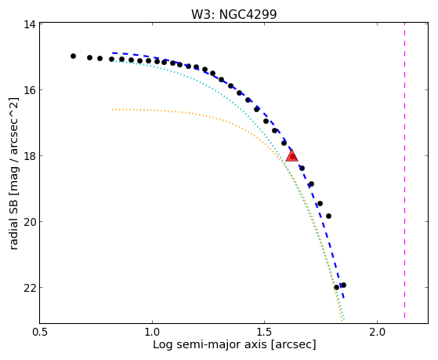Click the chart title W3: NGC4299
click(x=233, y=14)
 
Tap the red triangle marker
click(x=292, y=156)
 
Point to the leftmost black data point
click(x=73, y=56)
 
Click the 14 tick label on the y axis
click(x=30, y=24)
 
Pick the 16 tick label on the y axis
click(x=30, y=89)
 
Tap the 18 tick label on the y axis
click(x=30, y=155)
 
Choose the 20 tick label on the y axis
click(x=30, y=221)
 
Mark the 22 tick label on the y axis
click(x=30, y=287)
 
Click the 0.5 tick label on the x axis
click(x=40, y=333)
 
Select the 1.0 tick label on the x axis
click(x=152, y=333)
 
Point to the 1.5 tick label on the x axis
click(x=265, y=333)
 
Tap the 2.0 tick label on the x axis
click(x=377, y=333)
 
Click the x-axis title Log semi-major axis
click(x=209, y=345)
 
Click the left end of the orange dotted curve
click(x=113, y=109)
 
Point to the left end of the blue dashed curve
click(x=113, y=53)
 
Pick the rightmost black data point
click(x=344, y=285)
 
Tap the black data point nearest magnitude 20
click(x=328, y=216)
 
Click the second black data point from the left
click(x=89, y=57)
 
